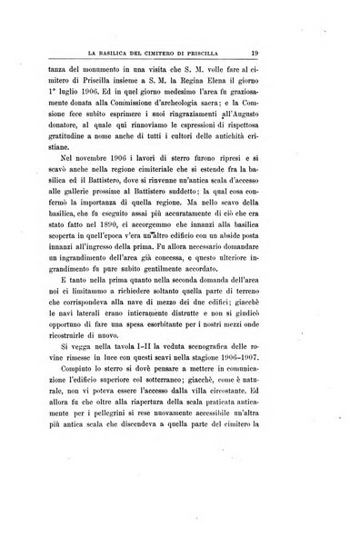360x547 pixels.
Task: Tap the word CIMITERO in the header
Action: point(171,55)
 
